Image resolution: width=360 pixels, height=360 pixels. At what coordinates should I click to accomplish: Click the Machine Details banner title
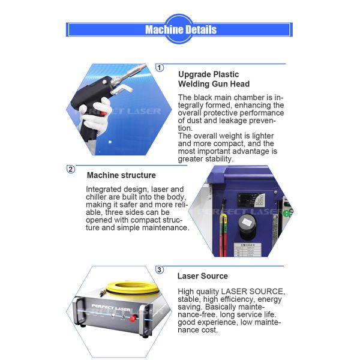pyautogui.click(x=181, y=29)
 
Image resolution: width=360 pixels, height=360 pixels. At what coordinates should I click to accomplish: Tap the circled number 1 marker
pyautogui.click(x=160, y=68)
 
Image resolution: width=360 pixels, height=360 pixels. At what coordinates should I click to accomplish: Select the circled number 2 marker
pyautogui.click(x=71, y=169)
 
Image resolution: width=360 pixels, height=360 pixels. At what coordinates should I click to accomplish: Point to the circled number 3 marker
pyautogui.click(x=160, y=270)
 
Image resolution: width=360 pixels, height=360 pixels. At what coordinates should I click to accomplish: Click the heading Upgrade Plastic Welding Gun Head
pyautogui.click(x=214, y=79)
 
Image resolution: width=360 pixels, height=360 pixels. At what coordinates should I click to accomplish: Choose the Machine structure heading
pyautogui.click(x=121, y=175)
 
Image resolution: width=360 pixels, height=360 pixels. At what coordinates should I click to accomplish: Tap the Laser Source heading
pyautogui.click(x=203, y=276)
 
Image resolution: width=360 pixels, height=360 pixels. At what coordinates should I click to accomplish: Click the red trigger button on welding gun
pyautogui.click(x=104, y=113)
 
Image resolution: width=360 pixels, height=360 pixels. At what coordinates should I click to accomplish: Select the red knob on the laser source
pyautogui.click(x=133, y=318)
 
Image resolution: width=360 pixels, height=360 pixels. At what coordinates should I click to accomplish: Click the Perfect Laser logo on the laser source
pyautogui.click(x=111, y=307)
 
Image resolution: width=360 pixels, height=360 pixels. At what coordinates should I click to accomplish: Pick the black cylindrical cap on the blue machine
pyautogui.click(x=247, y=226)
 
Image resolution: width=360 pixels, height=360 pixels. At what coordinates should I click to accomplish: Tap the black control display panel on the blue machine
pyautogui.click(x=251, y=200)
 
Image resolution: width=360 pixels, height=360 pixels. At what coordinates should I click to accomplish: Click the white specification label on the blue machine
pyautogui.click(x=247, y=250)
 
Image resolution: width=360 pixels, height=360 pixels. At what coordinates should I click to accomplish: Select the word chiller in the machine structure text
pyautogui.click(x=96, y=197)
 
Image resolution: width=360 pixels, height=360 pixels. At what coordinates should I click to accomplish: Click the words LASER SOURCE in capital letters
pyautogui.click(x=252, y=292)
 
